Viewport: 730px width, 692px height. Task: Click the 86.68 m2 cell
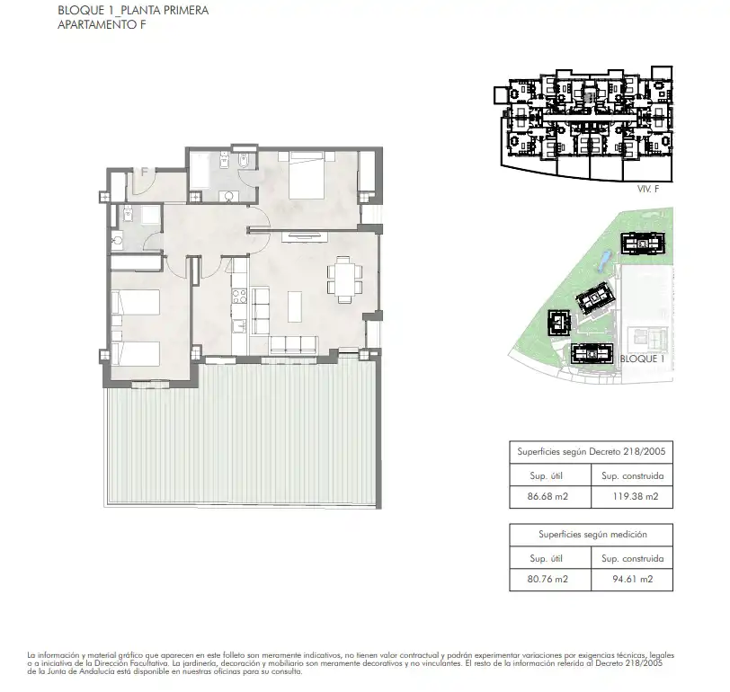pyautogui.click(x=547, y=497)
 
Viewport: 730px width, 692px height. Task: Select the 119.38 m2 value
pyautogui.click(x=636, y=497)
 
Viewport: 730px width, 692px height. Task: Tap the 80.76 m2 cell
pyautogui.click(x=547, y=580)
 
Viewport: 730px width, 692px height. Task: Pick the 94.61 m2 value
pyautogui.click(x=633, y=580)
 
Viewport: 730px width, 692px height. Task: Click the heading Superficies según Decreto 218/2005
pyautogui.click(x=592, y=452)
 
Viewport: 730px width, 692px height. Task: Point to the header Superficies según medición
pyautogui.click(x=592, y=535)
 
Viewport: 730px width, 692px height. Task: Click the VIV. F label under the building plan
pyautogui.click(x=648, y=189)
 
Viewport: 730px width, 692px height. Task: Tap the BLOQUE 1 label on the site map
pyautogui.click(x=642, y=359)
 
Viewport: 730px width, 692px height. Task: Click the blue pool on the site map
pyautogui.click(x=603, y=261)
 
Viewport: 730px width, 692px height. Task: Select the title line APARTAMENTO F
pyautogui.click(x=102, y=24)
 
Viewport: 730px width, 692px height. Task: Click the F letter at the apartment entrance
pyautogui.click(x=145, y=172)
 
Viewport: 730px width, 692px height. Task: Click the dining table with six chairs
pyautogui.click(x=344, y=279)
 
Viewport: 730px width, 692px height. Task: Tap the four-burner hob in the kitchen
pyautogui.click(x=239, y=296)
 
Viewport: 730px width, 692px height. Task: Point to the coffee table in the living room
pyautogui.click(x=295, y=306)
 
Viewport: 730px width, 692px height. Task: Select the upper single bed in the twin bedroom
pyautogui.click(x=136, y=302)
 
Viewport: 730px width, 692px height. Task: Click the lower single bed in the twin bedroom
pyautogui.click(x=136, y=354)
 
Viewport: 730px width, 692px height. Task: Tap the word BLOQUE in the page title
pyautogui.click(x=79, y=10)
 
